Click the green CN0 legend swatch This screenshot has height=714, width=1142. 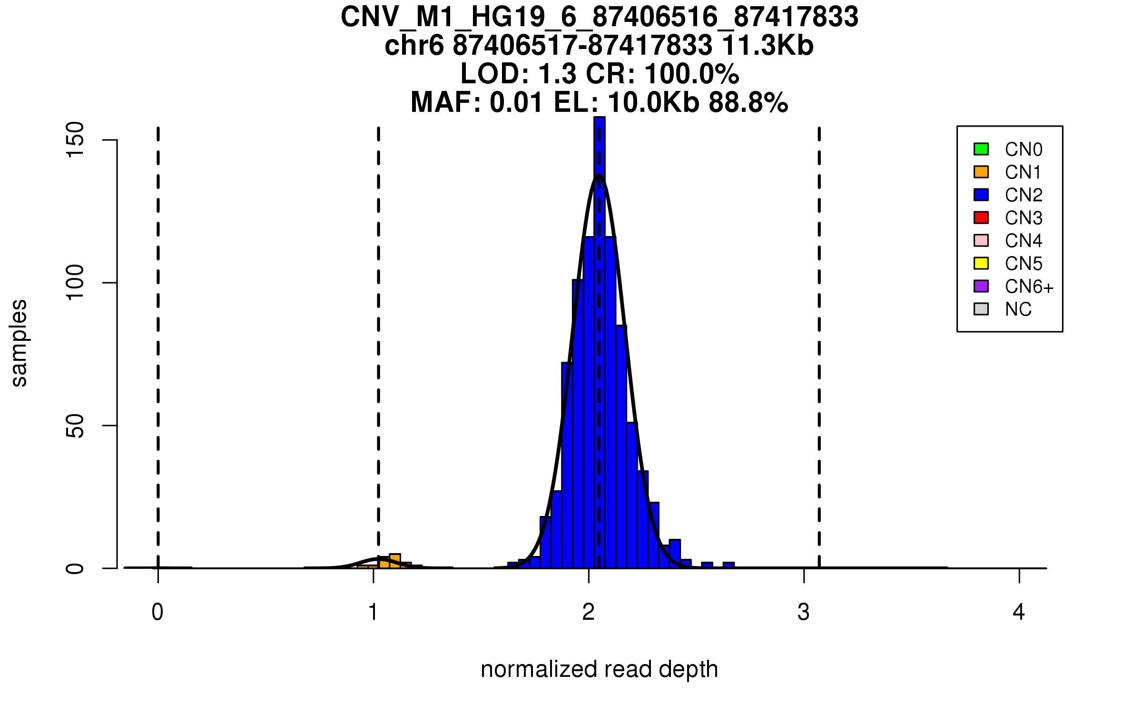981,149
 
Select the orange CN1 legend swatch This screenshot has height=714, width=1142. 981,172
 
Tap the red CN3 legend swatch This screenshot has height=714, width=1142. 981,218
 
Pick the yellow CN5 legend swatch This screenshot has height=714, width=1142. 981,263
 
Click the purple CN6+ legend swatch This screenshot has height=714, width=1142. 981,286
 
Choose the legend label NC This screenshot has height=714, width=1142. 1018,309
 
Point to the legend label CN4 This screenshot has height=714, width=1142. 1023,241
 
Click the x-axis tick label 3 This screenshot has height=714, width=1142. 804,612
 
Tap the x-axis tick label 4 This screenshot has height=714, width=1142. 1019,612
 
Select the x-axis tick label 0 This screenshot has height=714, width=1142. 158,612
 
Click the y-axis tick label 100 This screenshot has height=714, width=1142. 75,283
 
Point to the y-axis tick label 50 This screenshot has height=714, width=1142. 75,426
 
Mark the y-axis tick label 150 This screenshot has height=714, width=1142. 75,139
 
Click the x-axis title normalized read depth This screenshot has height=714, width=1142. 599,669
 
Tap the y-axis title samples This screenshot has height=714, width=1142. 19,343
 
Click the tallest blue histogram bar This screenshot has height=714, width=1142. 600,333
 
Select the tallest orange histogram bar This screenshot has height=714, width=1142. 394,561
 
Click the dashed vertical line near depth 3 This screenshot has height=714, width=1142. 819,333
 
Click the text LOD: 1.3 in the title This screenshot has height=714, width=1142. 520,74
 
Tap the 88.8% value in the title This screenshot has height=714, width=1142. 748,102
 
